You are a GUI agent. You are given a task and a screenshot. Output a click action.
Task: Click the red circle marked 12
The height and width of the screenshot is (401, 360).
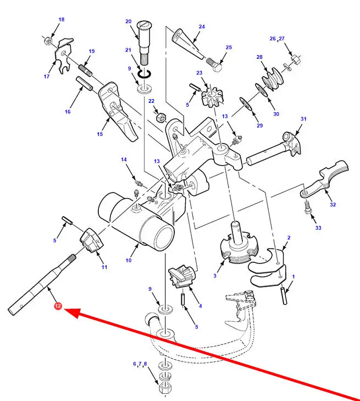click(x=57, y=306)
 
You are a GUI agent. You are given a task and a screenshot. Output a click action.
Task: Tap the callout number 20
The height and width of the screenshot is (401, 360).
click(x=129, y=22)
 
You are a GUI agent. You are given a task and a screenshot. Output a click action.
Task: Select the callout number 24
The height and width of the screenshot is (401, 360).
click(x=202, y=26)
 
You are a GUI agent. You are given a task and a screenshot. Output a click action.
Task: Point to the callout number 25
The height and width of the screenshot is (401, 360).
click(x=229, y=47)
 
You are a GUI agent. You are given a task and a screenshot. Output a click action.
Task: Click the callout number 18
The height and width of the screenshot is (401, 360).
click(x=61, y=20)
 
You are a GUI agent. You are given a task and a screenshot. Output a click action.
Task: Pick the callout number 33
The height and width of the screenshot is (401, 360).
click(x=318, y=228)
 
